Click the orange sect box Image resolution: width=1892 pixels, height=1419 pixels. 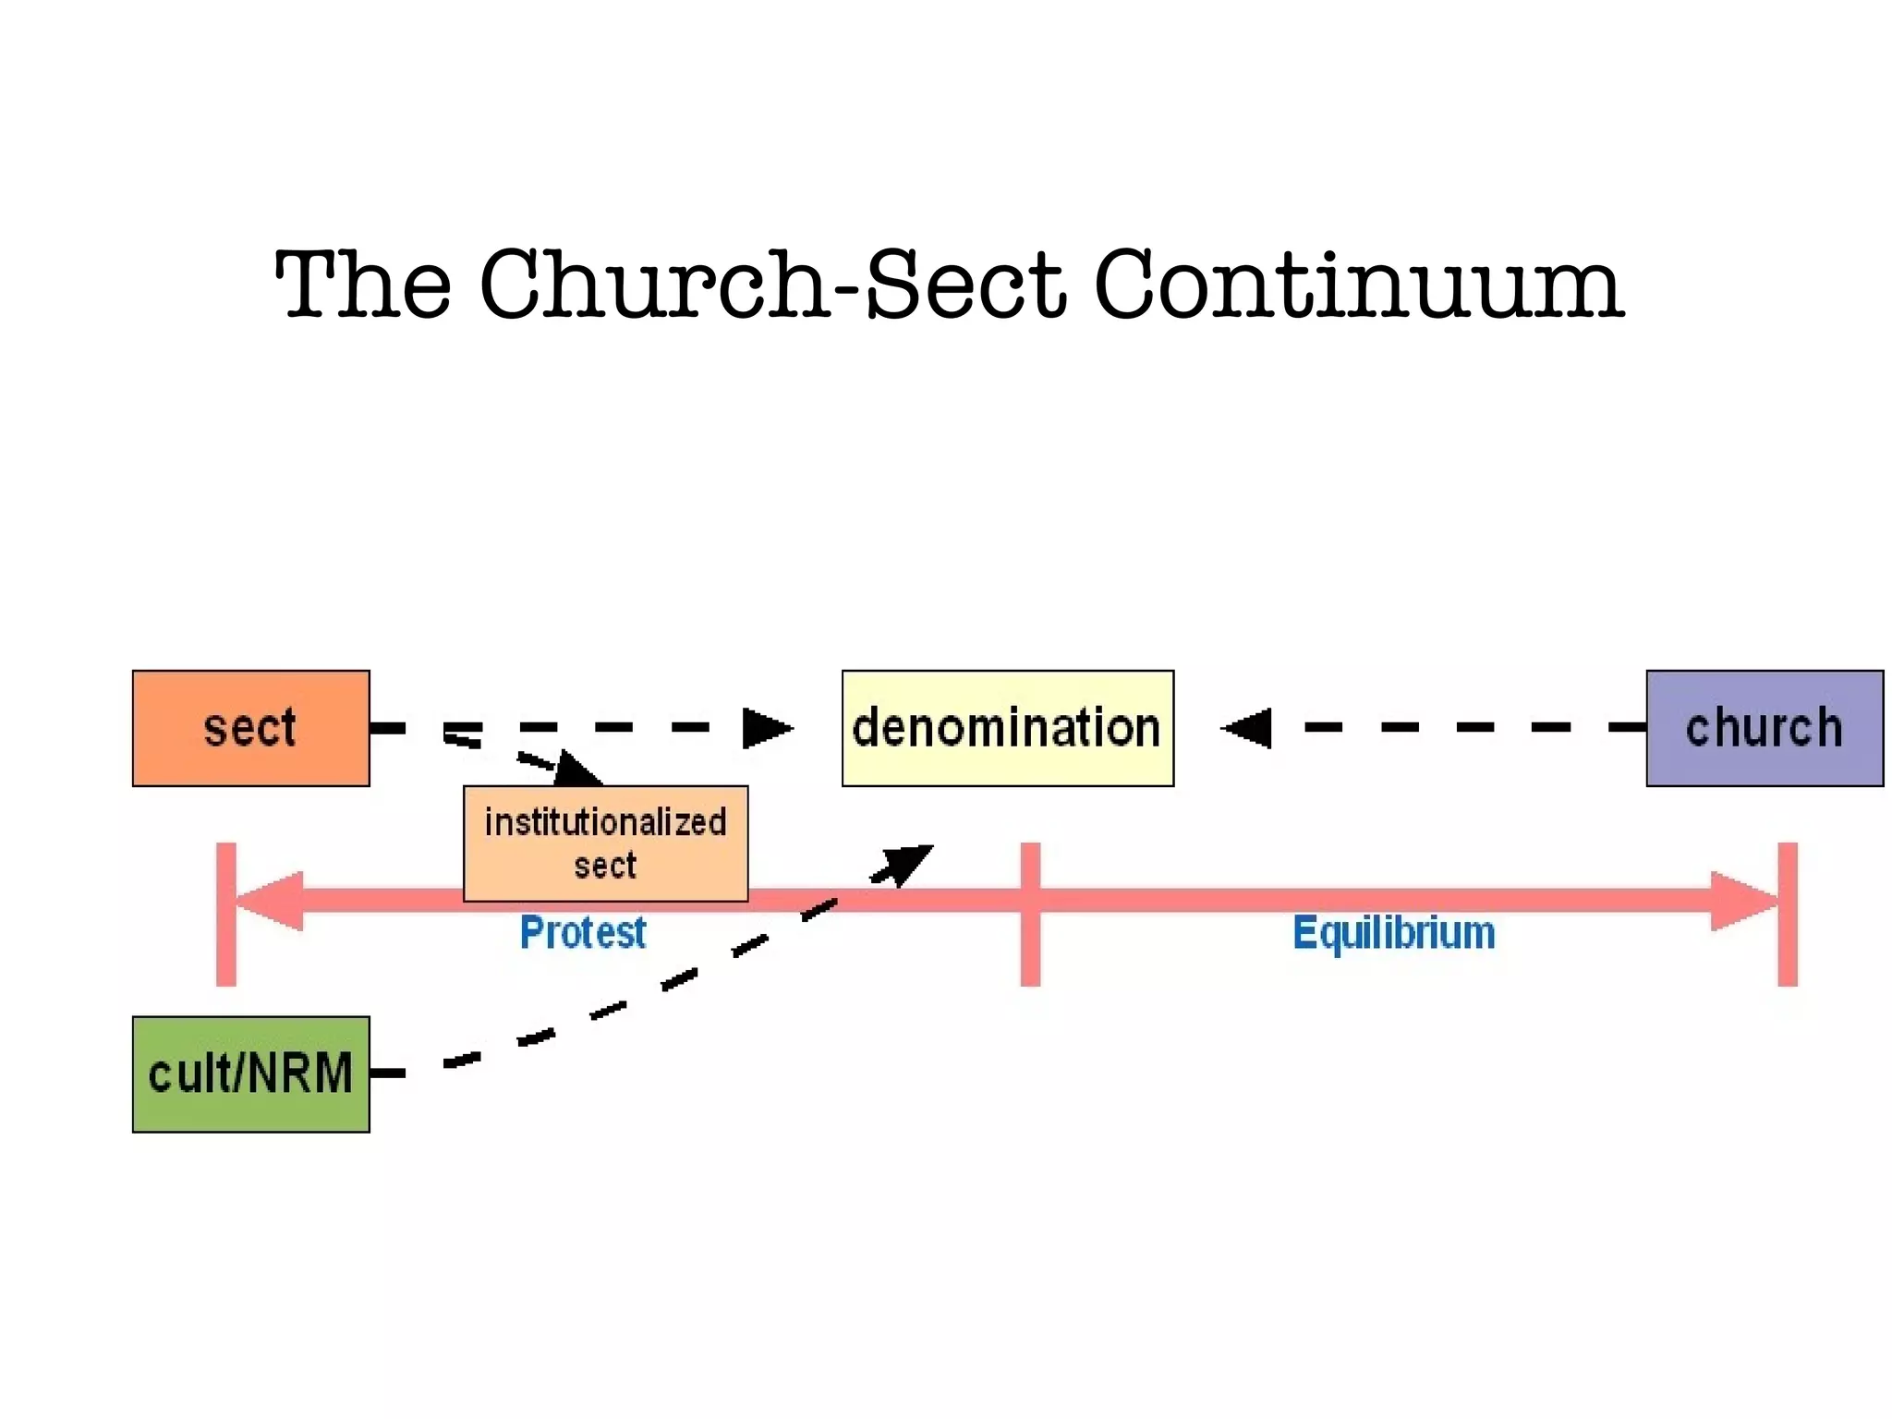click(x=250, y=728)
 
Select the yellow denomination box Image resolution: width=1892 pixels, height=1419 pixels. click(x=1007, y=728)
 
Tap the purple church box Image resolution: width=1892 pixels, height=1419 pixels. click(x=1764, y=728)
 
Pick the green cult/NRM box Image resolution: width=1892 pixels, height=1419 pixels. click(x=250, y=1073)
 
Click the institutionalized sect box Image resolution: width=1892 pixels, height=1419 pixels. click(x=605, y=843)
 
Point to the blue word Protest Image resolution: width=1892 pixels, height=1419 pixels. click(x=582, y=932)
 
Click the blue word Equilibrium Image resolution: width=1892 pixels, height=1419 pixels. click(x=1393, y=932)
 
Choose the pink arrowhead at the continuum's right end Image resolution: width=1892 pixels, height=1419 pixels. click(x=1742, y=900)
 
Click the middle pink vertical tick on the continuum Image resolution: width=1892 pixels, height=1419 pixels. click(x=1030, y=914)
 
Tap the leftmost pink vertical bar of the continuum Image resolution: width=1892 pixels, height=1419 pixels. click(x=225, y=914)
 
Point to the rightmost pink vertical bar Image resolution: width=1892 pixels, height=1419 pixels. click(x=1788, y=914)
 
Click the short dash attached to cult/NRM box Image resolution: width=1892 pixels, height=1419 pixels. click(x=388, y=1073)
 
